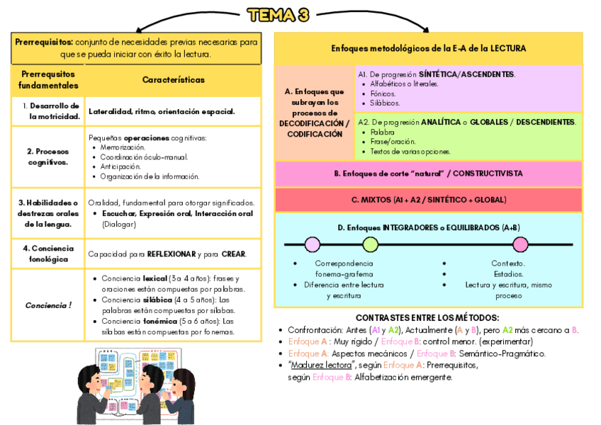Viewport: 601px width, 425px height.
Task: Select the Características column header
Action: point(173,80)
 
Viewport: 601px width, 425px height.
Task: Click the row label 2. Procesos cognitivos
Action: point(47,157)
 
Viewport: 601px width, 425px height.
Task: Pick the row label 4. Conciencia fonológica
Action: point(48,254)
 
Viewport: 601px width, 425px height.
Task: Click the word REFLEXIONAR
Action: point(173,254)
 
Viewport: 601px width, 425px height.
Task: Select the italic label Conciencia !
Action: point(48,305)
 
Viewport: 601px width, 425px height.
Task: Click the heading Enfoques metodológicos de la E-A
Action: point(428,48)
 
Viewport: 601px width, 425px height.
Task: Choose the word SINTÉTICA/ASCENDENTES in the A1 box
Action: point(467,74)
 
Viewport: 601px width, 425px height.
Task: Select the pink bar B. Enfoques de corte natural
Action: point(428,174)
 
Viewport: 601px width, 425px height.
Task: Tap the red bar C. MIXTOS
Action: point(428,200)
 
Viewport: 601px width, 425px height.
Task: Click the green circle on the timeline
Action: point(370,245)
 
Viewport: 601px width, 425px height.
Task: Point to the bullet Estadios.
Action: point(507,274)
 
